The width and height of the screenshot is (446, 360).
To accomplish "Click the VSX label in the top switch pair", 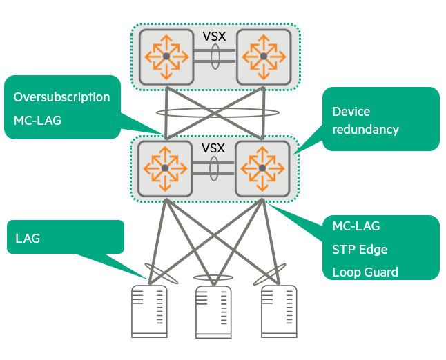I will pyautogui.click(x=214, y=35).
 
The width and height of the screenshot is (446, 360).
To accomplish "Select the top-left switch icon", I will pyautogui.click(x=166, y=56).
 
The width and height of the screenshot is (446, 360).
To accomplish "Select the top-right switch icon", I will pyautogui.click(x=264, y=56).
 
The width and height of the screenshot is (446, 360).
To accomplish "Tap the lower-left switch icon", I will pyautogui.click(x=164, y=168).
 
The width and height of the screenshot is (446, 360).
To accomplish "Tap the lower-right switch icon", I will pyautogui.click(x=262, y=168).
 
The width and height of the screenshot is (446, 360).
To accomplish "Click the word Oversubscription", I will pyautogui.click(x=61, y=97).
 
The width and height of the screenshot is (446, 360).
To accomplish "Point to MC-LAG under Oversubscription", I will pyautogui.click(x=37, y=121).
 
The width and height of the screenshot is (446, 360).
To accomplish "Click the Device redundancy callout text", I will pyautogui.click(x=365, y=120).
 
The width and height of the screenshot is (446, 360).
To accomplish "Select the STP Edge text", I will pyautogui.click(x=360, y=249).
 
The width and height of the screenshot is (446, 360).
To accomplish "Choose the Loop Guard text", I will pyautogui.click(x=365, y=272).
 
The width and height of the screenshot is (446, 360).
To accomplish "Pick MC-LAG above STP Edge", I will pyautogui.click(x=356, y=226).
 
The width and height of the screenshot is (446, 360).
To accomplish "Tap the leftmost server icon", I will pyautogui.click(x=149, y=311).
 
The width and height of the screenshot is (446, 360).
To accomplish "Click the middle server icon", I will pyautogui.click(x=213, y=311).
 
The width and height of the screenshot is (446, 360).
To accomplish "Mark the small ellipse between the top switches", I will pyautogui.click(x=215, y=56).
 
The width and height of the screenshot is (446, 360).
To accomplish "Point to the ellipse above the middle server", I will pyautogui.click(x=213, y=278).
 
